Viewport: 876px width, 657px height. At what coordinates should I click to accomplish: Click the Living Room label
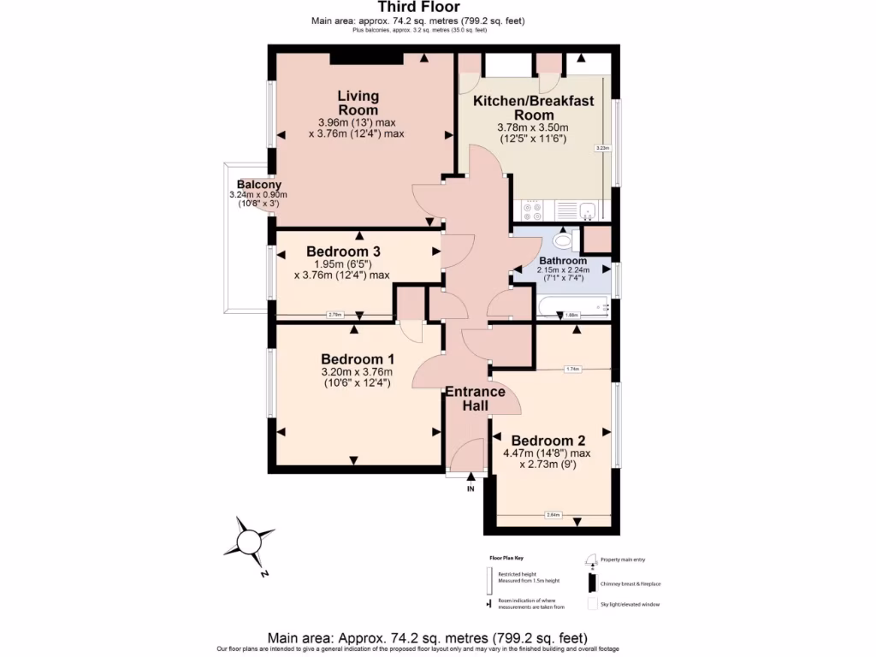point(358,103)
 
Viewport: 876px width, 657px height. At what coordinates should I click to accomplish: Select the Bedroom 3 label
point(343,252)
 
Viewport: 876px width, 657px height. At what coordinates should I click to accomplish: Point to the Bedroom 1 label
point(356,358)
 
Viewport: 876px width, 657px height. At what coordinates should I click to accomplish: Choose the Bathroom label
point(563,261)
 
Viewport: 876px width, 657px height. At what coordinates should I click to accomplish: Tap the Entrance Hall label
point(475,400)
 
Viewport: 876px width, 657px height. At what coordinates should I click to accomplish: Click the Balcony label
point(258,185)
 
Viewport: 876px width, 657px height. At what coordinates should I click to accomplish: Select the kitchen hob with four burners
point(531,210)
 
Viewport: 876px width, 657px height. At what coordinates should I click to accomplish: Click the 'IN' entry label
point(471,489)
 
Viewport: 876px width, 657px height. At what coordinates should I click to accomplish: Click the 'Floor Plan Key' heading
point(506,557)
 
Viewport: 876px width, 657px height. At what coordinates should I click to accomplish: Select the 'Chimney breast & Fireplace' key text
point(630,584)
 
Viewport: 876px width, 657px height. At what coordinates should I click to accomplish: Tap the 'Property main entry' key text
point(623,559)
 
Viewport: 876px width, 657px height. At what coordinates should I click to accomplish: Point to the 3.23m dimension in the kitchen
point(602,148)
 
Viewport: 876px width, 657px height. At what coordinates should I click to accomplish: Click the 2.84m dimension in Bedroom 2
point(553,515)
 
